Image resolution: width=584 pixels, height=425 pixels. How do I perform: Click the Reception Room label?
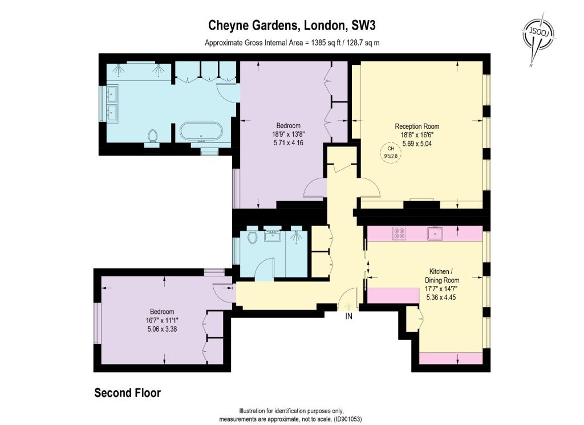point(417,126)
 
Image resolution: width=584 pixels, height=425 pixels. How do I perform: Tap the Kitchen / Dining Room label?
point(442,276)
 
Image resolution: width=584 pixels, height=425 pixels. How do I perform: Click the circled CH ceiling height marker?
point(391,152)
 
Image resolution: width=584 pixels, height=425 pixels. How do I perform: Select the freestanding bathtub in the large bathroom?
point(201,133)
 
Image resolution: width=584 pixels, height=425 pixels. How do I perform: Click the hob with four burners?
point(399,234)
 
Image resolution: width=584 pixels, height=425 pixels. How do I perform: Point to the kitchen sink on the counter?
point(435,234)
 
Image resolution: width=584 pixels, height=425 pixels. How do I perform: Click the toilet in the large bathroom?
point(152,136)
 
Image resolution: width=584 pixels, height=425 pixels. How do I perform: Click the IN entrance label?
point(349,316)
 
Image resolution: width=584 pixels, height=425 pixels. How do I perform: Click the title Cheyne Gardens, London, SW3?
point(291,25)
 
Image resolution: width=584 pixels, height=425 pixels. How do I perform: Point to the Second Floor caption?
point(127,393)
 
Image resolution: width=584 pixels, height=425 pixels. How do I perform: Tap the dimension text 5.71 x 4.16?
point(288,142)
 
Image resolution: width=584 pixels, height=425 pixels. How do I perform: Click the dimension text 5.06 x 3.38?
point(162,329)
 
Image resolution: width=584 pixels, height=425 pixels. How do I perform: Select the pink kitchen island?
point(394,295)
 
